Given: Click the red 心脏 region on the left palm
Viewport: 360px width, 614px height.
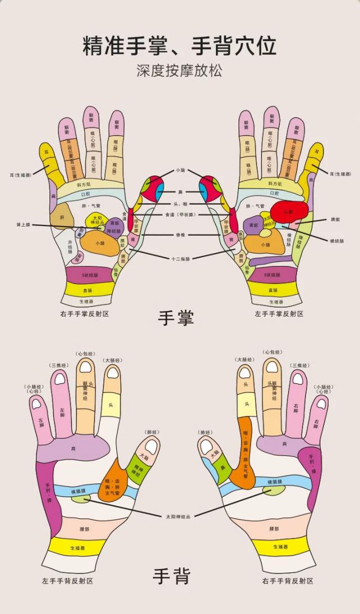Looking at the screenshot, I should pyautogui.click(x=289, y=212).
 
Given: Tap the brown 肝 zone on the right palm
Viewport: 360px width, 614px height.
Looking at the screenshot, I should pyautogui.click(x=61, y=216).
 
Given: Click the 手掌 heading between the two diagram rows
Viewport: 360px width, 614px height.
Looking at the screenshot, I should pyautogui.click(x=176, y=318).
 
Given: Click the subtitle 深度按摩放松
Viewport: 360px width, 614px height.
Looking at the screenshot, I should pyautogui.click(x=179, y=71).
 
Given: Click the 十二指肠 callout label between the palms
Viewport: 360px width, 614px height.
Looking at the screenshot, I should pyautogui.click(x=181, y=259).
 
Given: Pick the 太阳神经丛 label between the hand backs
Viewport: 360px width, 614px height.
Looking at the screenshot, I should pyautogui.click(x=179, y=516).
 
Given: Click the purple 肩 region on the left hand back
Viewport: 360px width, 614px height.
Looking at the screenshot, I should pyautogui.click(x=73, y=449).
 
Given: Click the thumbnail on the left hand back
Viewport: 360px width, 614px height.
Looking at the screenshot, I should pyautogui.click(x=151, y=445).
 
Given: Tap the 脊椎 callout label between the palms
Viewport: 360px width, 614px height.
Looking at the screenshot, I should pyautogui.click(x=180, y=234).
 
